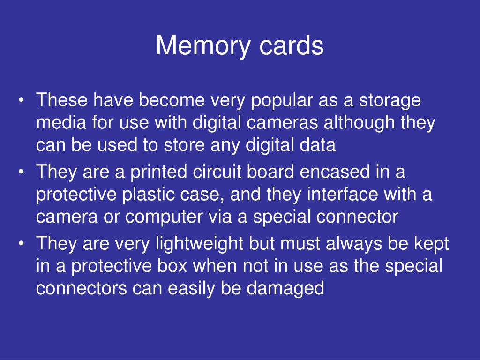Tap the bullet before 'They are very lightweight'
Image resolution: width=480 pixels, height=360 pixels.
pos(22,244)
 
